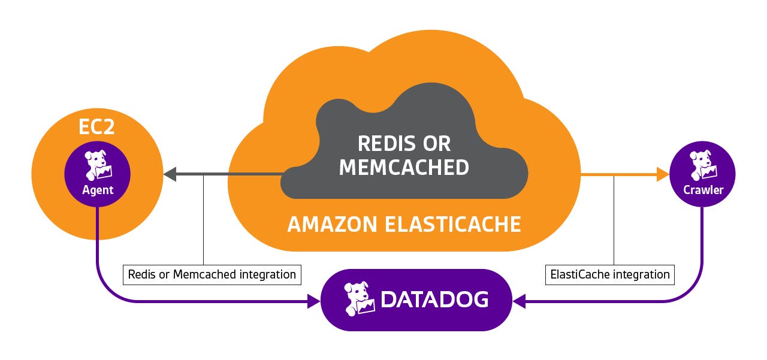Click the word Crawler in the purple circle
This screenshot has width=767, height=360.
[703, 190]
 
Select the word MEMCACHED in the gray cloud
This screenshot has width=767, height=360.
[404, 168]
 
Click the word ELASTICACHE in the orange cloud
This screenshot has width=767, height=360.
[451, 224]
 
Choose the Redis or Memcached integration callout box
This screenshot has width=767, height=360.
[212, 274]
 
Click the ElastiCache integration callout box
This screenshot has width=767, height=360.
[609, 274]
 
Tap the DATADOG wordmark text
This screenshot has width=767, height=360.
[434, 300]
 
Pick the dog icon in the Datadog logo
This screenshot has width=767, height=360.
[360, 299]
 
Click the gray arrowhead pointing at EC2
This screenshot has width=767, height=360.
[169, 174]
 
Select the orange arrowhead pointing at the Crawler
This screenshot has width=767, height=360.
[663, 174]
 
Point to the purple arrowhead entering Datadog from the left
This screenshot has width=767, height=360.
[313, 301]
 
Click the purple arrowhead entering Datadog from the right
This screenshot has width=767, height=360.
[520, 301]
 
